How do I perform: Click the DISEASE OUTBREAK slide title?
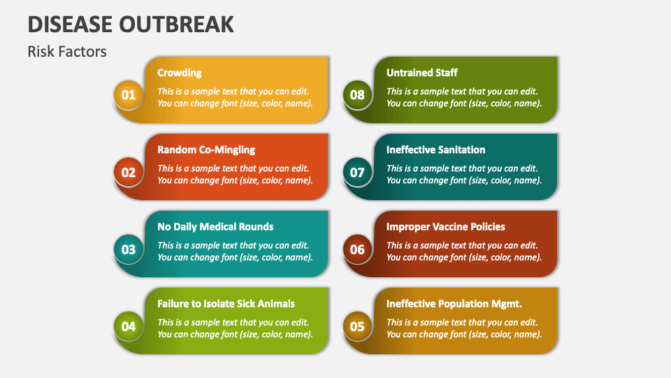tap(131, 23)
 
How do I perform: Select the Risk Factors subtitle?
tap(67, 51)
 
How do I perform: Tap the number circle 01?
tap(129, 95)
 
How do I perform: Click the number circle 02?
tap(129, 172)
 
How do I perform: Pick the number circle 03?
tap(129, 249)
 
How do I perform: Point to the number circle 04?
tap(129, 326)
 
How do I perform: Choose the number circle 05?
tap(357, 326)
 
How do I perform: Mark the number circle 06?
tap(357, 249)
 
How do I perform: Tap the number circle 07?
tap(357, 172)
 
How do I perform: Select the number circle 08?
tap(357, 95)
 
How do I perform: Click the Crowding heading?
tap(180, 73)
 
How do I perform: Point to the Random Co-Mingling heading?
tap(206, 150)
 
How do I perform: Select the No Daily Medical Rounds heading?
tap(215, 227)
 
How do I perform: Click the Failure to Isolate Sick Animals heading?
tap(226, 304)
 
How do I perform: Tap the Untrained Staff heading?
tap(422, 73)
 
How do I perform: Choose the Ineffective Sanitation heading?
tap(435, 150)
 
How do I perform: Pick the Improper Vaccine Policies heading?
tap(445, 227)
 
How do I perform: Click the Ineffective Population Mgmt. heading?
tap(454, 304)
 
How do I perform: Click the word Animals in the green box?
tap(275, 304)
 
